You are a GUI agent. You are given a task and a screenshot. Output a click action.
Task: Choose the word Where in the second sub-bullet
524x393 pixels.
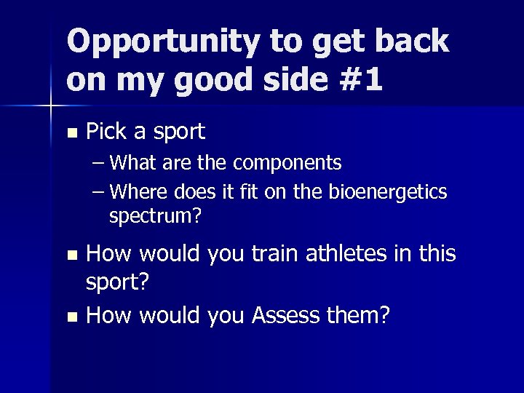(x=142, y=192)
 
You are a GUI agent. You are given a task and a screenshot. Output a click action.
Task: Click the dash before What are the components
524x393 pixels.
(x=100, y=162)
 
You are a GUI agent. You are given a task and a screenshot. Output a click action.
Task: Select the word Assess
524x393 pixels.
(x=291, y=315)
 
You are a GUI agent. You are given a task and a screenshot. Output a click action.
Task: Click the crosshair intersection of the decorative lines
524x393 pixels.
(x=51, y=106)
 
